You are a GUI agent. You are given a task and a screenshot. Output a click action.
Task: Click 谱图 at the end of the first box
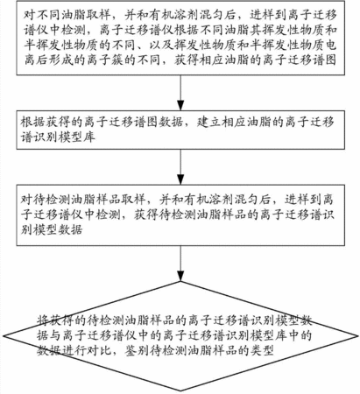pos(323,60)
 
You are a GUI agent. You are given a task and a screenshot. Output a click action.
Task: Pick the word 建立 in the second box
pos(208,122)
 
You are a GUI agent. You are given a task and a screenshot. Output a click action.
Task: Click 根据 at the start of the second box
pos(32,122)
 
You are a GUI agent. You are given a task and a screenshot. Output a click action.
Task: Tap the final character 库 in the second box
pos(89,137)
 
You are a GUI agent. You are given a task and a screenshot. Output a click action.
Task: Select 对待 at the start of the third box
pos(32,200)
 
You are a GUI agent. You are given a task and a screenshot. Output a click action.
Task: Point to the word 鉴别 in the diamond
pos(137,350)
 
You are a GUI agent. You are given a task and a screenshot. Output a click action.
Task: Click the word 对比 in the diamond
pos(99,350)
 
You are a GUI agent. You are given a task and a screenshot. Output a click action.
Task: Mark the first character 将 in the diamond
pos(43,320)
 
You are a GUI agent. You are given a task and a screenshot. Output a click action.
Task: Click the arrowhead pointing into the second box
pos(180,106)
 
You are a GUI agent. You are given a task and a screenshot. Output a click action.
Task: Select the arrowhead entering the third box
pos(180,179)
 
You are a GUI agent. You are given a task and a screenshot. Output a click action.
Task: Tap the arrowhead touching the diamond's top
pos(180,276)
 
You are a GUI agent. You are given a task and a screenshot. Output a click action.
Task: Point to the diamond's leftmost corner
pos(4,336)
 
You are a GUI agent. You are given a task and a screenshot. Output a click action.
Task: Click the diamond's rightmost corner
pos(357,336)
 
